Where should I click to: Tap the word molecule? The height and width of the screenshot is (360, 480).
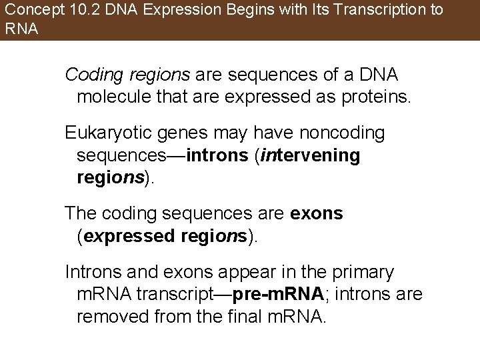(110, 97)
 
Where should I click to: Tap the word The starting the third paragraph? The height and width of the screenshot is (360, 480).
(81, 214)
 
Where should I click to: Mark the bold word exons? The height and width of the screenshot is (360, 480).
(317, 214)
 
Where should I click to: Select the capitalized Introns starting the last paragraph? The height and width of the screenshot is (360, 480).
(90, 273)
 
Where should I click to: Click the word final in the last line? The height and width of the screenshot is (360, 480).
(250, 315)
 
